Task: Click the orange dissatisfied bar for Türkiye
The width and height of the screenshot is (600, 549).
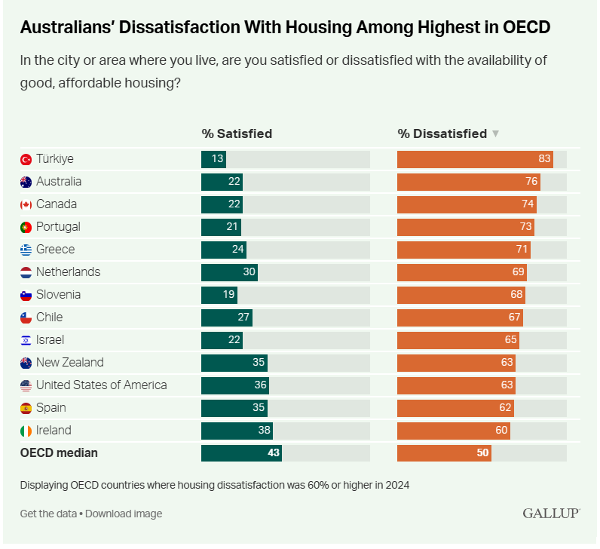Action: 475,159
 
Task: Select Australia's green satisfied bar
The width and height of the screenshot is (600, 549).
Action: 222,182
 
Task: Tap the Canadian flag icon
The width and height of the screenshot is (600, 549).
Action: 26,204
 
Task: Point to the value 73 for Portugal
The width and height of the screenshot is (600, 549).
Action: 525,227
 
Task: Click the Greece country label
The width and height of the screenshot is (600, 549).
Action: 55,250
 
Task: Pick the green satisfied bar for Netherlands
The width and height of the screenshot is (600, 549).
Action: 229,272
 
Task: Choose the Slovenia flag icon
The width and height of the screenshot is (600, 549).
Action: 26,295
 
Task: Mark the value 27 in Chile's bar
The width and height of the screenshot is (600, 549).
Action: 243,317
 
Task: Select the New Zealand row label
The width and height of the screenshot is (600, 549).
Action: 70,363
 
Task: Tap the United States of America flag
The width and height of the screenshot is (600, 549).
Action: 26,385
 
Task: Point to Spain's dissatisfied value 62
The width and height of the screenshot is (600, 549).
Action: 505,408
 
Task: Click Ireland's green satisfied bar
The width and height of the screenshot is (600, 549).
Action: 237,431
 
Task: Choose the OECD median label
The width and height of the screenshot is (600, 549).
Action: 60,453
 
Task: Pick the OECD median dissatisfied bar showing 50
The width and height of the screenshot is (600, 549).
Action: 444,453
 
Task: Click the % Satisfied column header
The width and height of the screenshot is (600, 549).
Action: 237,133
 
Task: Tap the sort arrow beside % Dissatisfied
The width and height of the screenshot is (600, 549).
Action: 495,134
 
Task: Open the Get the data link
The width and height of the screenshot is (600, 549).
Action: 48,514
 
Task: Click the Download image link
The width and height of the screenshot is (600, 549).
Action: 124,514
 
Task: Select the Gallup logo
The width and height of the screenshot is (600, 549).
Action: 551,514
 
